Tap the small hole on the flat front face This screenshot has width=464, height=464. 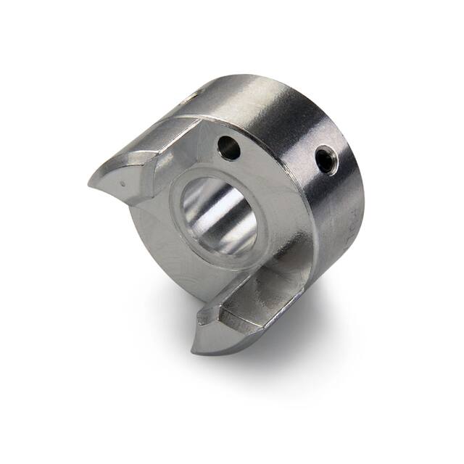click(x=229, y=149)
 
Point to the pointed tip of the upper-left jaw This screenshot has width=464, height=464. click(x=92, y=179)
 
